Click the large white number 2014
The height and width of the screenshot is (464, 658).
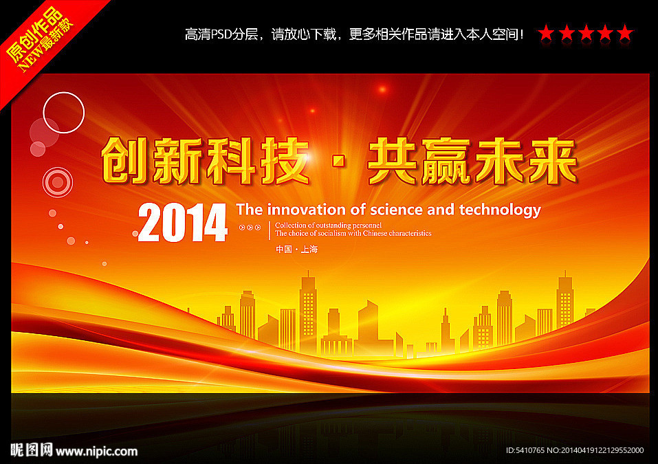click(x=182, y=222)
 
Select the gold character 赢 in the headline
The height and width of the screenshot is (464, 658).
click(x=446, y=162)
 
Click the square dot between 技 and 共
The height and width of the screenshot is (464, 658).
click(x=338, y=162)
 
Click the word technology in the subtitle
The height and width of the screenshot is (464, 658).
click(x=500, y=210)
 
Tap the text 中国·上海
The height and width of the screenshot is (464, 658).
click(x=297, y=250)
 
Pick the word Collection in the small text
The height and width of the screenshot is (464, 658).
click(x=290, y=225)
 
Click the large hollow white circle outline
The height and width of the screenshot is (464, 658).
click(x=64, y=92)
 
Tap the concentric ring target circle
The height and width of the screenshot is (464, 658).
click(x=58, y=182)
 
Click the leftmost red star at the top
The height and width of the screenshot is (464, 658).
click(x=546, y=33)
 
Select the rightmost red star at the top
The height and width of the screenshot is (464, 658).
click(x=625, y=33)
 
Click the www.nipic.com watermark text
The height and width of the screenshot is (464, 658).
click(x=96, y=452)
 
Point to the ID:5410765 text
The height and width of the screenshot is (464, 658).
click(x=525, y=450)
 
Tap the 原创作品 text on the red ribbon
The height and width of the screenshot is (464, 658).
click(x=34, y=35)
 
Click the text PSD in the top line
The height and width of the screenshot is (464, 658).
click(x=221, y=34)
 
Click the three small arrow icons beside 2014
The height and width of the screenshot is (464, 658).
click(x=250, y=228)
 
